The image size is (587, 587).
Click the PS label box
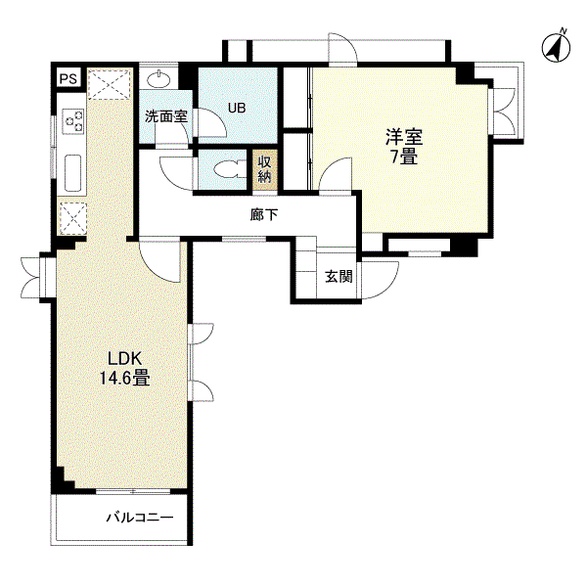68,78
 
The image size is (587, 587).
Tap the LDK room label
124,359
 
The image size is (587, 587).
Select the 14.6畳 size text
124,378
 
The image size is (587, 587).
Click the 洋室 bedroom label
404,137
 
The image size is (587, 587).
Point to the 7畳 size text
404,156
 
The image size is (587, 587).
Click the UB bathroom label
237,108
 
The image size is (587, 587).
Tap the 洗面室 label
166,116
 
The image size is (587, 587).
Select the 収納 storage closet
265,170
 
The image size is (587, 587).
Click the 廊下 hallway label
264,214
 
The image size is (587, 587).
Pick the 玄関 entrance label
339,276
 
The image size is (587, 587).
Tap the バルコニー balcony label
140,518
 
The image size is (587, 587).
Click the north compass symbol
557,46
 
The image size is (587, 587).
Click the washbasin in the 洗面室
158,78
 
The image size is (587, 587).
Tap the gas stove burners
73,120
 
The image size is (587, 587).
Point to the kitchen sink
72,173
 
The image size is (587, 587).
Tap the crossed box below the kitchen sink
73,218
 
